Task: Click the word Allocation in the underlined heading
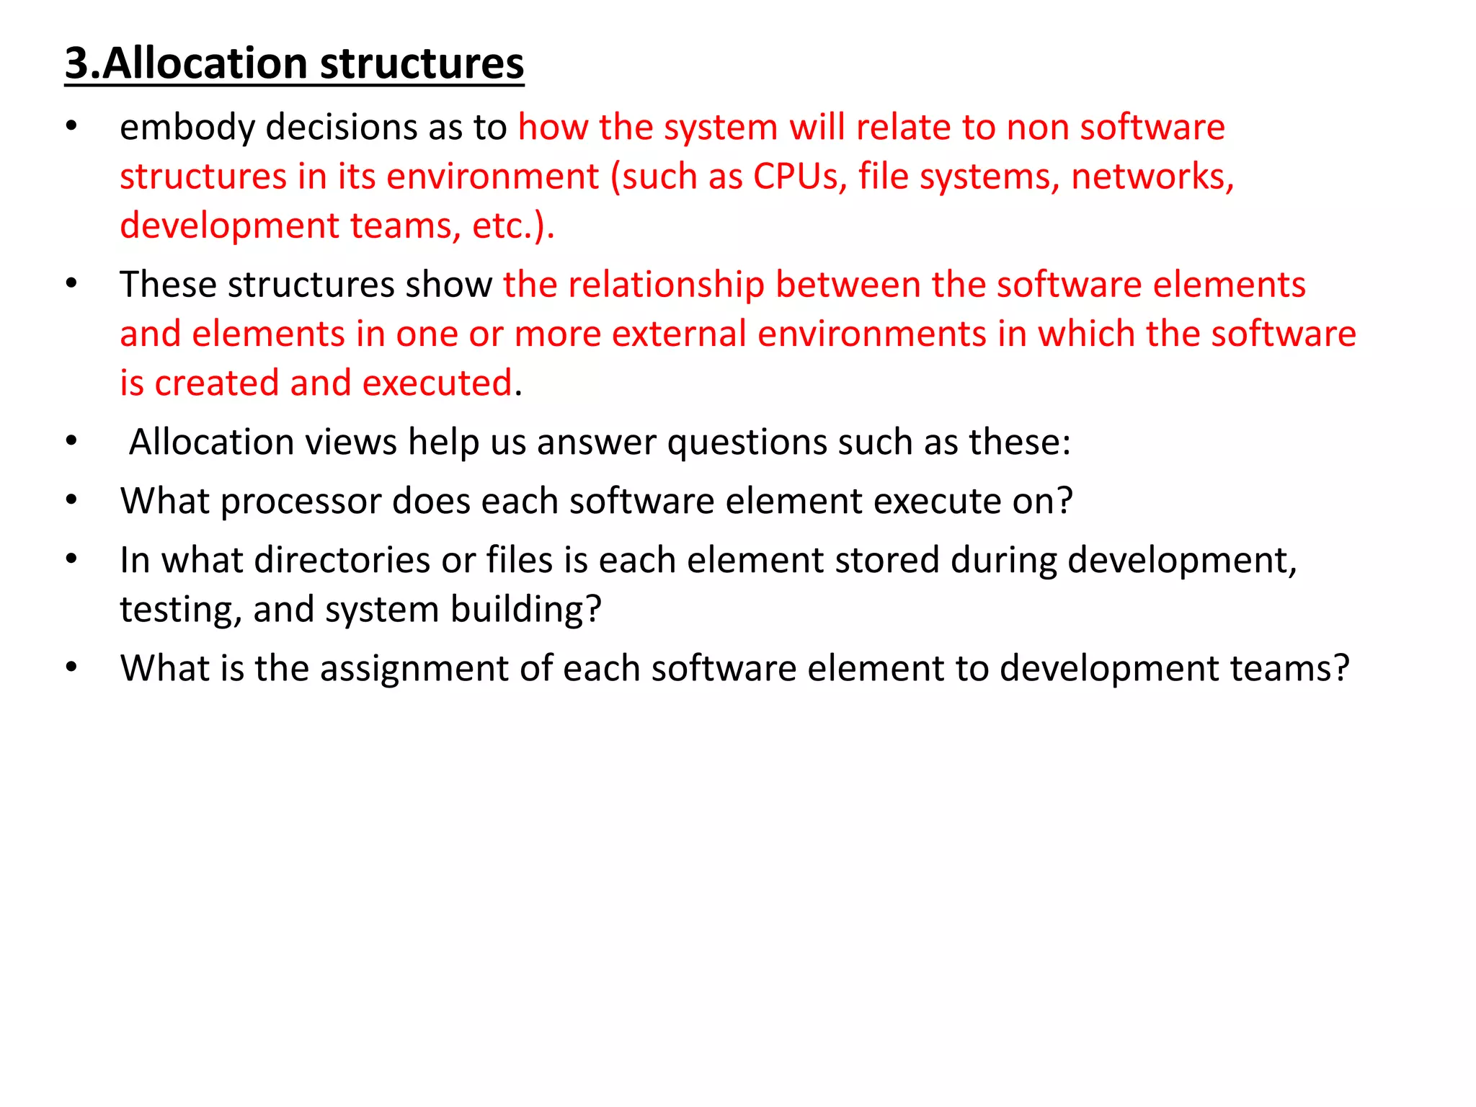205,63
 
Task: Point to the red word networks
1152,177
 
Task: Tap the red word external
679,334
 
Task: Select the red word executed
437,383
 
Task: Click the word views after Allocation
351,442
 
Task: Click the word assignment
414,669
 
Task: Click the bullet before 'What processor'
71,501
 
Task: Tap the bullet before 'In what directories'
71,560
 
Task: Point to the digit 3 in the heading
77,63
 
